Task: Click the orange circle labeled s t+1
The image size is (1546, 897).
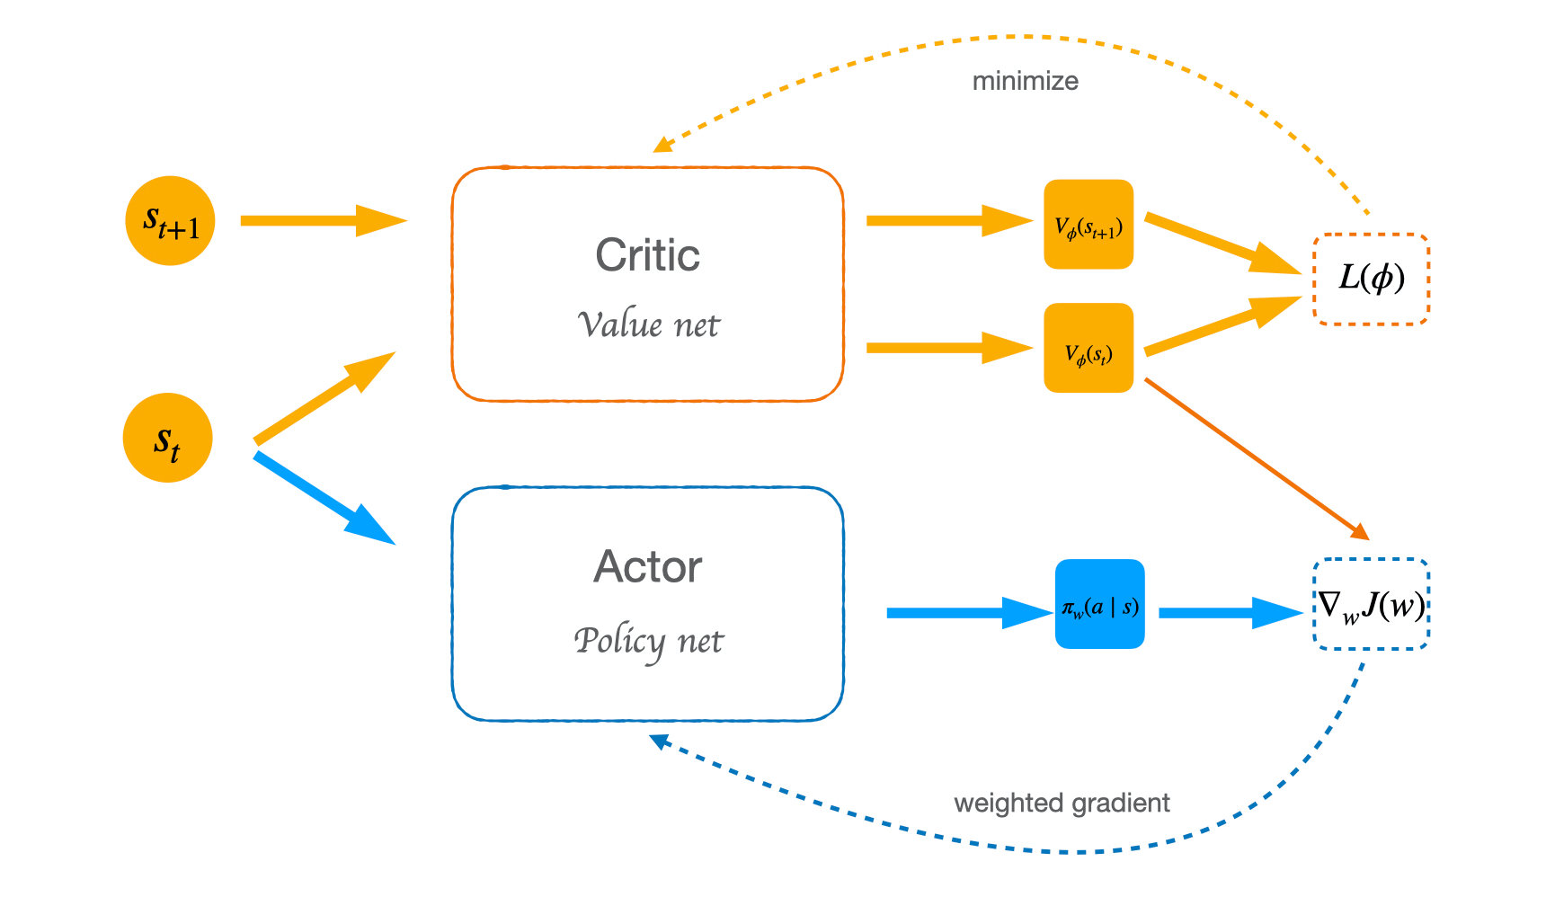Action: coord(170,220)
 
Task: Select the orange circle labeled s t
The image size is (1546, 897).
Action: coord(167,438)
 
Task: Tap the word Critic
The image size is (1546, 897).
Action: coord(647,255)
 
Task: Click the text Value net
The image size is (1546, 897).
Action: coord(647,324)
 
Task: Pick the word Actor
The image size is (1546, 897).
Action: coord(647,567)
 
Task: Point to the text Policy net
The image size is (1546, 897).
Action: coord(647,641)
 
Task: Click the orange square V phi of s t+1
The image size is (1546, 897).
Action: coord(1088,225)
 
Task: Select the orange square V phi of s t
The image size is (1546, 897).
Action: coord(1088,348)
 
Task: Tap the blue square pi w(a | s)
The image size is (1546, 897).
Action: coord(1099,604)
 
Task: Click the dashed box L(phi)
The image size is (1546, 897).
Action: coord(1371,279)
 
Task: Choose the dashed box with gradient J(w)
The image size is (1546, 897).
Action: coord(1371,604)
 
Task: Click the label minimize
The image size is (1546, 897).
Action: coord(1025,81)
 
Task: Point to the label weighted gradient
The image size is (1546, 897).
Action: coord(1061,803)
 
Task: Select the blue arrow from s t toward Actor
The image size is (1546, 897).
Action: coord(324,499)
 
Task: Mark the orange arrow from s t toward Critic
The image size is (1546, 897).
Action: coord(324,398)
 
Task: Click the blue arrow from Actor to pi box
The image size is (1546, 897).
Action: coord(966,613)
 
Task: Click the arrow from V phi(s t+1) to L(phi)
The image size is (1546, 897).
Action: coord(1222,244)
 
